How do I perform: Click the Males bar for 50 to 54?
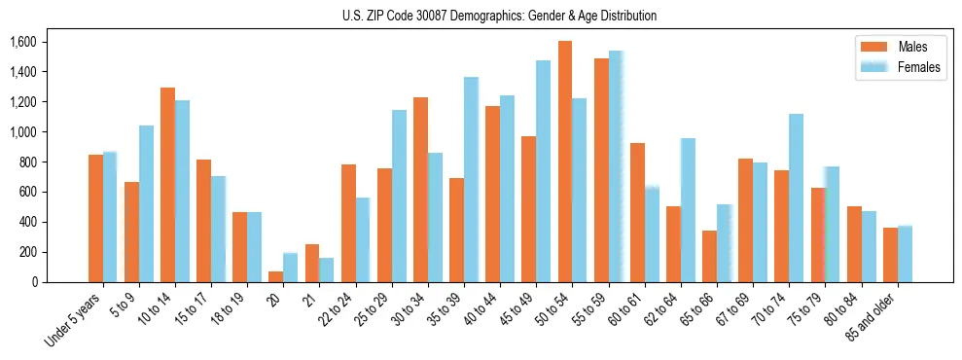click(565, 162)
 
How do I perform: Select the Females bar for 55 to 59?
click(616, 166)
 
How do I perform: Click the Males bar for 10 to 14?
click(167, 185)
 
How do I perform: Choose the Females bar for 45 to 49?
click(543, 171)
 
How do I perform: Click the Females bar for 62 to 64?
click(688, 210)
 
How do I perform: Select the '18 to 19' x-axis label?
click(230, 307)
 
